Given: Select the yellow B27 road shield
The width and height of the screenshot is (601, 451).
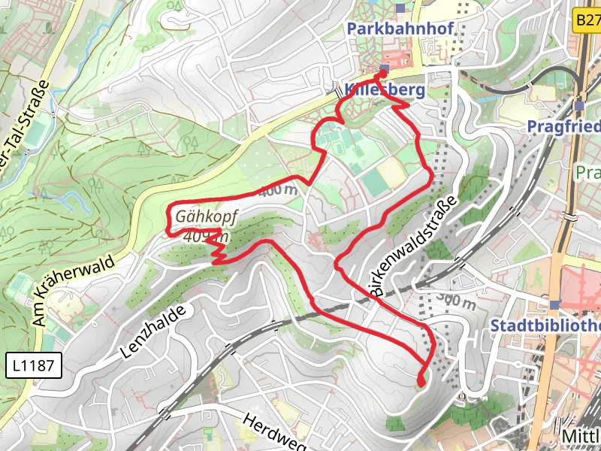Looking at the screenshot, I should (x=587, y=20).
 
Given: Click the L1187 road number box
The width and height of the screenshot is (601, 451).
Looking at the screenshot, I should (x=33, y=366).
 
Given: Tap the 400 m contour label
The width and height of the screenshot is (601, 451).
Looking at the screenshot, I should (x=277, y=191).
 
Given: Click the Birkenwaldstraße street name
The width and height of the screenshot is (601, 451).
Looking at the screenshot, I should (x=413, y=249).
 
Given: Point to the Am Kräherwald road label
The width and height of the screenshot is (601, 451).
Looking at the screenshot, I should (x=73, y=291).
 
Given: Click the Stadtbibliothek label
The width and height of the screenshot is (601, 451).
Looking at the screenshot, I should (x=545, y=325).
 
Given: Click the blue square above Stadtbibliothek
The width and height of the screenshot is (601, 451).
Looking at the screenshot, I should (x=554, y=304).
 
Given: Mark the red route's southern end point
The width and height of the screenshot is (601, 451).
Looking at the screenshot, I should (x=421, y=381).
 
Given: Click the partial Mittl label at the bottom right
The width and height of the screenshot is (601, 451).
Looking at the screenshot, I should (x=582, y=436).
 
